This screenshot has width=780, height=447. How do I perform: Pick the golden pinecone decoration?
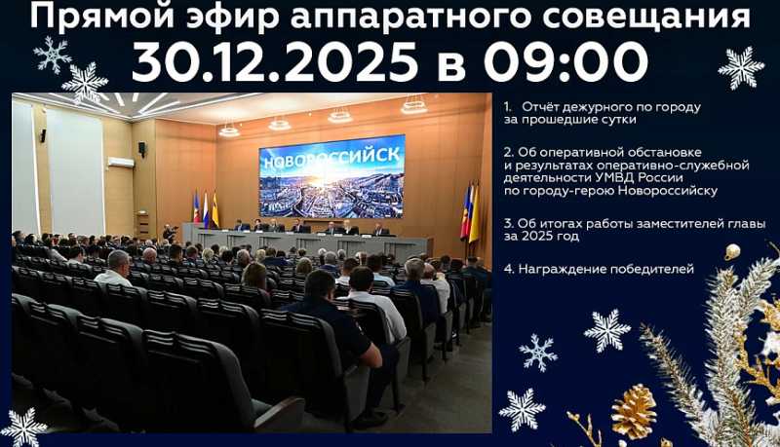[x=634, y=410]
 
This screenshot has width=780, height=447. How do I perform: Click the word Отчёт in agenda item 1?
[x=542, y=105]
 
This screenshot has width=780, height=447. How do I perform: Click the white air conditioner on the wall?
[x=120, y=163]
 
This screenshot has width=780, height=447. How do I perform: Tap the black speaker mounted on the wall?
[x=141, y=149]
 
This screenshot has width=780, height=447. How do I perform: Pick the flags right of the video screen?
[x=469, y=211]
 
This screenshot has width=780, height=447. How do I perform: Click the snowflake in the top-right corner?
[x=741, y=67]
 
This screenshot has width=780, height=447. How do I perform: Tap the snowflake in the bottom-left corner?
[x=23, y=427]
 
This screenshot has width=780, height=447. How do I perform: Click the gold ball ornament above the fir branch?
[x=731, y=251]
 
